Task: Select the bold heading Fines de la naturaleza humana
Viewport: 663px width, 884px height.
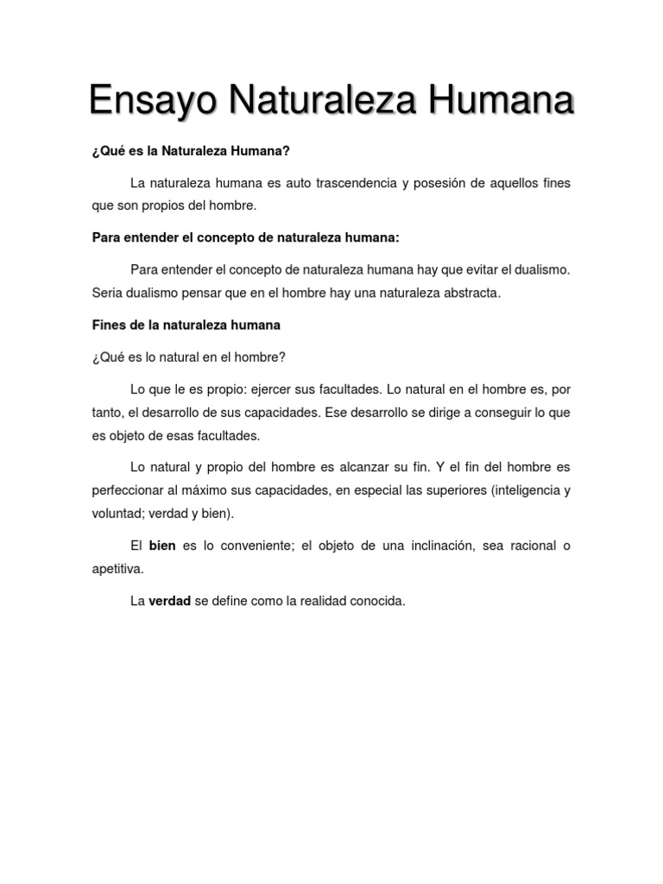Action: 186,325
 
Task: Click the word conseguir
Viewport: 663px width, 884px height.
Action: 492,413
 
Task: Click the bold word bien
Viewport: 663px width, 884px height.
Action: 162,546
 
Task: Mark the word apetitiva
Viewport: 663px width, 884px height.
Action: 118,569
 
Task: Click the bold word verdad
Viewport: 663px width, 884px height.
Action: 169,601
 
